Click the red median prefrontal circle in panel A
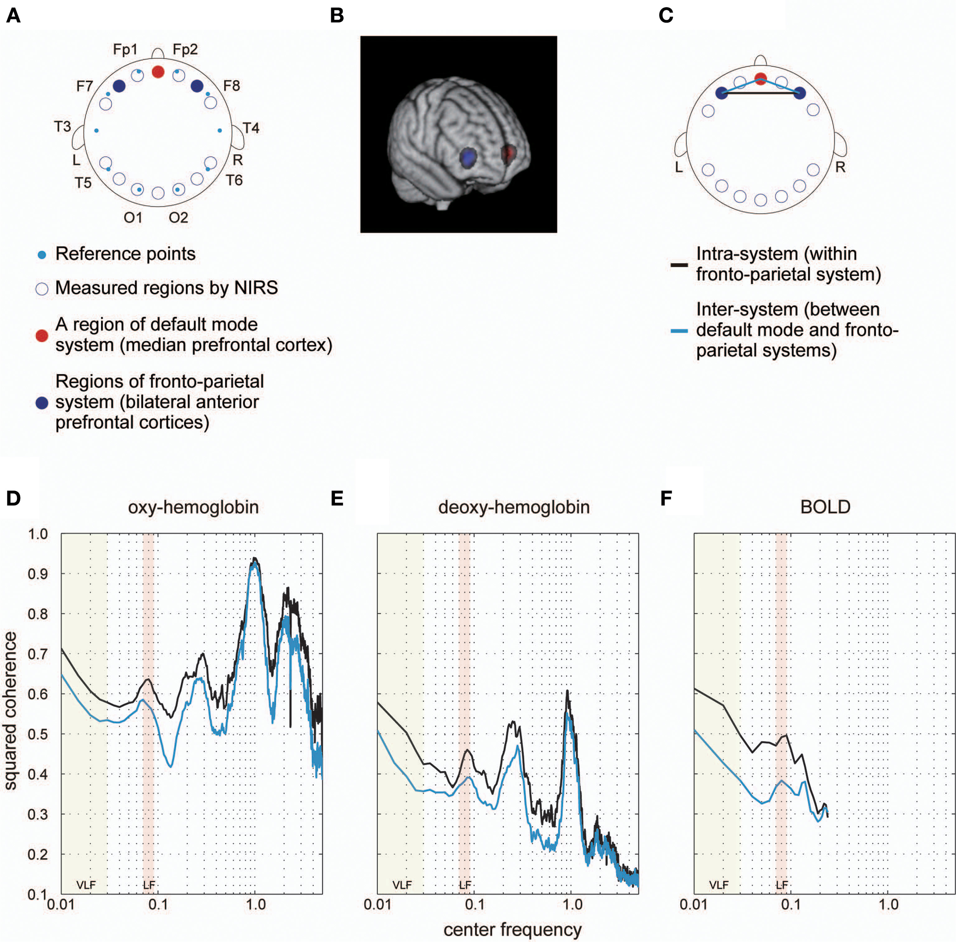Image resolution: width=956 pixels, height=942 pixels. tap(158, 72)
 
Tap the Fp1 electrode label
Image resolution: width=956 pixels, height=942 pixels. tap(125, 49)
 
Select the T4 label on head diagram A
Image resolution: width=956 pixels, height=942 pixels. tap(251, 128)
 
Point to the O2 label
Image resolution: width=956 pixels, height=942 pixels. tap(178, 218)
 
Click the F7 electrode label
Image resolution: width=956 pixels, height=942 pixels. tap(85, 86)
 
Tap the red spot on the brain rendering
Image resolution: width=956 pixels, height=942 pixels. tap(507, 153)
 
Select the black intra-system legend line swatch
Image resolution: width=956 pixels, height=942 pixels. tap(679, 265)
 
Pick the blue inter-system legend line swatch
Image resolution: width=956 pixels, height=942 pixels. tap(679, 330)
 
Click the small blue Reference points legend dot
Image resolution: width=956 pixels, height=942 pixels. tap(42, 255)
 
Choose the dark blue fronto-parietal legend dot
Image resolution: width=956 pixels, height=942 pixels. tap(42, 403)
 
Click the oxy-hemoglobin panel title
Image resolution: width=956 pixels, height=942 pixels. tap(193, 507)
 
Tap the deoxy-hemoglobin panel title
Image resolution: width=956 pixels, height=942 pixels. tap(514, 507)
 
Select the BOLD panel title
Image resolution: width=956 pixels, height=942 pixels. tap(825, 507)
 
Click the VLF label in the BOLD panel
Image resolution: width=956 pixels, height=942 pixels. tap(719, 885)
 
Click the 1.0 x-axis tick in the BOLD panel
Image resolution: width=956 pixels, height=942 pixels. tap(888, 905)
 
